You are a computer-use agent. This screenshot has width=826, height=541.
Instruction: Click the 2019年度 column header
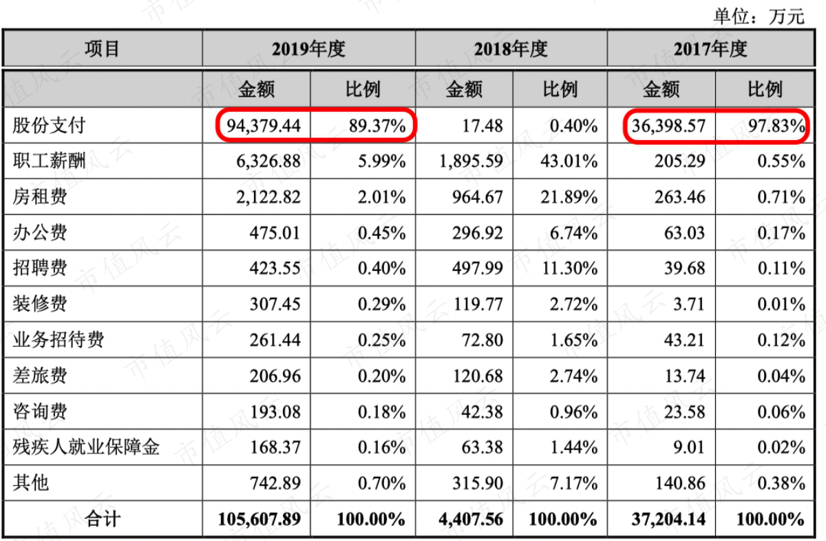click(308, 49)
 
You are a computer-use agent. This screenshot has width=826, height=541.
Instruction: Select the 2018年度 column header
click(510, 49)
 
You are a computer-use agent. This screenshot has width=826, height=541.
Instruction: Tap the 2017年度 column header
click(710, 49)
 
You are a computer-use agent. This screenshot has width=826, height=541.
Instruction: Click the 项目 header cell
click(103, 49)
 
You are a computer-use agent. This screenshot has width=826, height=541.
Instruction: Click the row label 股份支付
click(49, 125)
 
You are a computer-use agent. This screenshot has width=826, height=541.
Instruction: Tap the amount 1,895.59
click(471, 162)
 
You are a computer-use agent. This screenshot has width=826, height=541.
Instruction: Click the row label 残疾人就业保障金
click(86, 447)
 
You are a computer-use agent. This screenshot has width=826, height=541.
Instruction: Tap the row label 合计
click(103, 518)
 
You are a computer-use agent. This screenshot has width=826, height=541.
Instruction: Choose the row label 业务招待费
click(59, 340)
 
